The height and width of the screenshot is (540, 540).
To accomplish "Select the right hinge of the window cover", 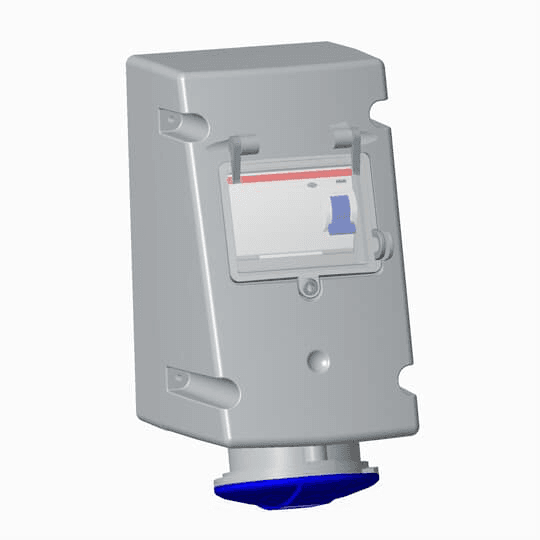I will [345, 139].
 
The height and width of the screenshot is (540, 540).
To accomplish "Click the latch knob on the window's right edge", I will [378, 239].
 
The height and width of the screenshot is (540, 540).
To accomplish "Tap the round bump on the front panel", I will [318, 359].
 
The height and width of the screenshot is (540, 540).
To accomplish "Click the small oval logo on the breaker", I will [311, 185].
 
